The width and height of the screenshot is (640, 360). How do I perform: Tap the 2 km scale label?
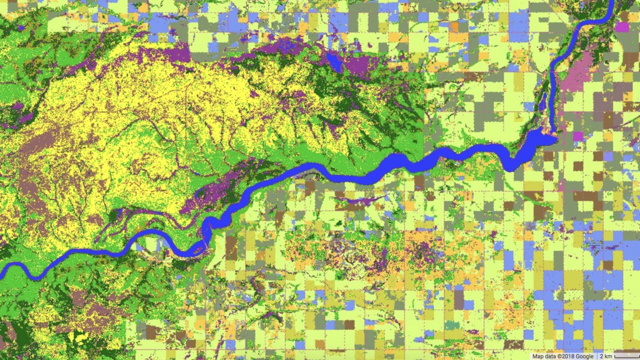605,356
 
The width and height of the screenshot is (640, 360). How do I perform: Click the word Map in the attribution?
537,356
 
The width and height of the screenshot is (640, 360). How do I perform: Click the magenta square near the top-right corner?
622,26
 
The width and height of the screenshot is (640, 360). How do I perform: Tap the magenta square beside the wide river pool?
578,136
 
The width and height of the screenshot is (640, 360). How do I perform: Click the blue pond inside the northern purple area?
334,62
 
